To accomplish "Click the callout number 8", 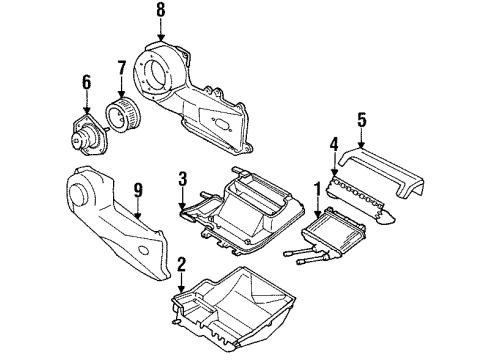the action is pos(161,10).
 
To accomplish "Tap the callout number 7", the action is pos(122,68).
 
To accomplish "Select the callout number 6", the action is pos(86,82).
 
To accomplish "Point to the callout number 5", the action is pos(362,120).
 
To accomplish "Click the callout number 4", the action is pos(334,144).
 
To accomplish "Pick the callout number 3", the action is pos(182,179).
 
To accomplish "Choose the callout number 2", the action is pos(181,264).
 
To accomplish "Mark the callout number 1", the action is pos(318,189).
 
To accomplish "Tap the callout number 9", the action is pos(138,190).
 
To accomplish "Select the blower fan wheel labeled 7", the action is pos(123,113).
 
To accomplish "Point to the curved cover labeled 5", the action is pos(382,173).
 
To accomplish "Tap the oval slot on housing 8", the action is pos(220,124).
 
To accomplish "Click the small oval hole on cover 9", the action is pos(144,249).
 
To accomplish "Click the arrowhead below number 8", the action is pos(161,37).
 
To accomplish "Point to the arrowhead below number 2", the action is pos(181,290).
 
